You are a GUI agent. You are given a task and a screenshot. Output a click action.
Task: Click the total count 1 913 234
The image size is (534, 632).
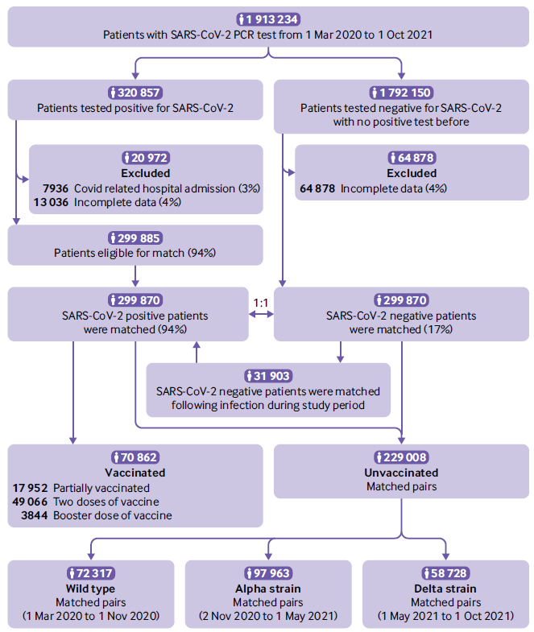coord(268,19)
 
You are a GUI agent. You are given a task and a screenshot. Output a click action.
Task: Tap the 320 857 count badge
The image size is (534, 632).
coord(135,93)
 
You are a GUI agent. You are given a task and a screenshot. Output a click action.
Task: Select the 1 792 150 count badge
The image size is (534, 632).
coord(401,93)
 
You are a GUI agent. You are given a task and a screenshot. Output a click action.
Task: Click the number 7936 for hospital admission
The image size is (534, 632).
coord(56,188)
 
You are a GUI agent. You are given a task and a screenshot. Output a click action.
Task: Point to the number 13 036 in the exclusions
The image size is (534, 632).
coord(52,202)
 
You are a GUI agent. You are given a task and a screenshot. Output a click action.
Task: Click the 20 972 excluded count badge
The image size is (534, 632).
coord(146,158)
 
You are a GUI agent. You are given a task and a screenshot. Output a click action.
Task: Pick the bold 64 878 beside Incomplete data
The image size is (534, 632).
coord(317,188)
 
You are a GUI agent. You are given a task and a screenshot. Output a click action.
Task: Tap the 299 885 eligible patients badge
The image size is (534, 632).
coord(135,238)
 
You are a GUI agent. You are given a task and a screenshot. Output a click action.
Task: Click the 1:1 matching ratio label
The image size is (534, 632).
coord(260,303)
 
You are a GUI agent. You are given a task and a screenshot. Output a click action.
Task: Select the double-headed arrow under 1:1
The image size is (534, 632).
coord(261,314)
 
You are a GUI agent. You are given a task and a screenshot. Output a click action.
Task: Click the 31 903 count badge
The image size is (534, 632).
coord(268,376)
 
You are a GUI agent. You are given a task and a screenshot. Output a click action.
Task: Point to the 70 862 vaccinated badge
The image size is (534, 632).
coord(135,457)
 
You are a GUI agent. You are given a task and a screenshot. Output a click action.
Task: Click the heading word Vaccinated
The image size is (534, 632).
coord(135,473)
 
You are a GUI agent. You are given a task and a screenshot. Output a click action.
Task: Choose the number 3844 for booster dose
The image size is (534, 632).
coord(35,515)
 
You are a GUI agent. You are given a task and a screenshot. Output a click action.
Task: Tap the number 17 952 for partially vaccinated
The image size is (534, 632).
coord(31,488)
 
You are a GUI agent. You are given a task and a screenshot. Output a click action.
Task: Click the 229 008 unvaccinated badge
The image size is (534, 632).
coord(401,457)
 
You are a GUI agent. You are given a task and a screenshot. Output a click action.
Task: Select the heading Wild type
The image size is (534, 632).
coord(91,589)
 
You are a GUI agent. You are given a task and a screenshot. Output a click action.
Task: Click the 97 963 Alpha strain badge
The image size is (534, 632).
coord(268,573)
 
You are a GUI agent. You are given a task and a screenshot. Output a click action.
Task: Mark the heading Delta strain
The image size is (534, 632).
coord(445,589)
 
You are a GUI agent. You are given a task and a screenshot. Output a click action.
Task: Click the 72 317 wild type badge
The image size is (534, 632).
coord(91,573)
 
